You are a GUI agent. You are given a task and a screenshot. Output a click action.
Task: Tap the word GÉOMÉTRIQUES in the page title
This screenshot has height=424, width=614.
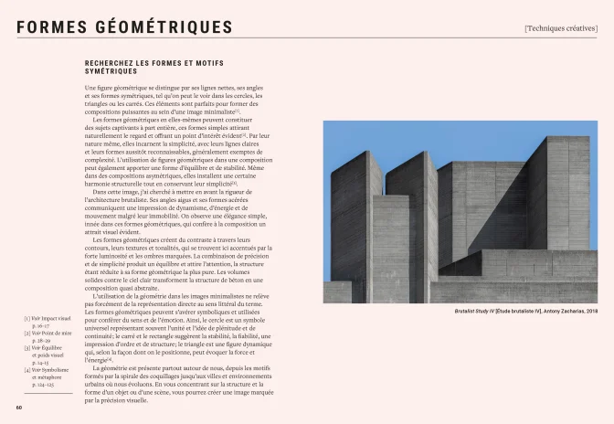pyautogui.click(x=164, y=27)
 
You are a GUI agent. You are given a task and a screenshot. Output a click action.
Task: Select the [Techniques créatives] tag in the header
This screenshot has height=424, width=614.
pyautogui.click(x=560, y=27)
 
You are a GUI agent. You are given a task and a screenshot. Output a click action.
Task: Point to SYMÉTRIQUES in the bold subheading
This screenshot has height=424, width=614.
pyautogui.click(x=111, y=70)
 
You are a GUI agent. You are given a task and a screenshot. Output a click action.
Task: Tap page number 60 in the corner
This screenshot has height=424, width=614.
pyautogui.click(x=18, y=408)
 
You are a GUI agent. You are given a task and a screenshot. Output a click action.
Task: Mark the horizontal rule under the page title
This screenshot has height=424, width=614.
pyautogui.click(x=307, y=38)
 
